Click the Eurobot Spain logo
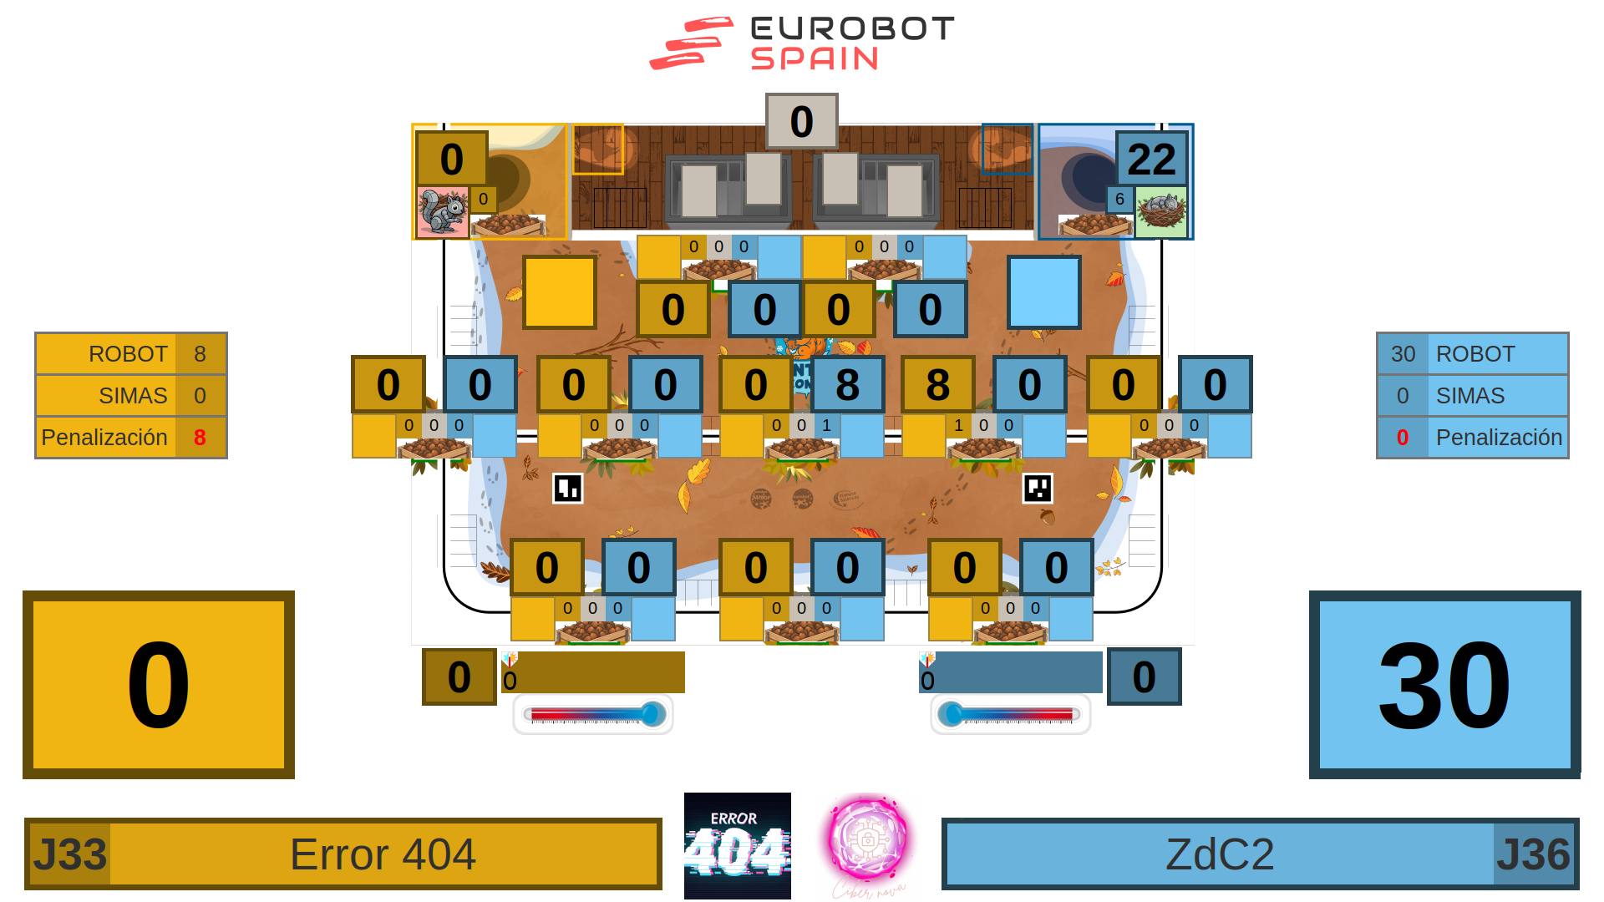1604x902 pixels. click(802, 43)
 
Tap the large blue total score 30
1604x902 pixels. click(1444, 685)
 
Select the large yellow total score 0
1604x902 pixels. click(159, 685)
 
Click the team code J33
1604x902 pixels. click(70, 854)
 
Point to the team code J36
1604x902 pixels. click(1533, 854)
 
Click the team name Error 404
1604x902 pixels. click(383, 854)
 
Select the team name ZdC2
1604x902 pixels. click(1220, 854)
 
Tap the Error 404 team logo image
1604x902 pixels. click(737, 846)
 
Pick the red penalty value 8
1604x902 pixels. click(200, 438)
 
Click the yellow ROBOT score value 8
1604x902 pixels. click(200, 354)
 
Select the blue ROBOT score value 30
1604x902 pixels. click(1403, 354)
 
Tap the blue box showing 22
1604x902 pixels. click(1151, 159)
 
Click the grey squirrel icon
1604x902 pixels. click(442, 212)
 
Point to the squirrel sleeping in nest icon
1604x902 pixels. click(1161, 211)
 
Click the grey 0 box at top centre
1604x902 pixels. click(801, 121)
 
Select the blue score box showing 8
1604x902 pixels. click(847, 384)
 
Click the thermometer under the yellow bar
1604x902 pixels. click(593, 714)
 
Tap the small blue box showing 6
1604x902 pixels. click(1119, 200)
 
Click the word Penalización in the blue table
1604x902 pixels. click(1499, 438)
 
